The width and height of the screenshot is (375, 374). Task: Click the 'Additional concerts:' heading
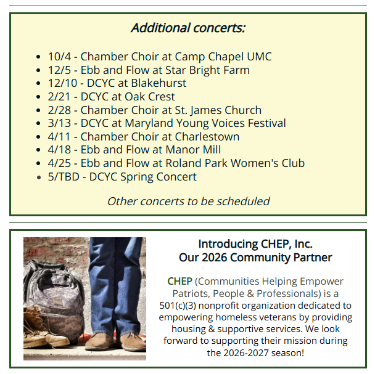[x=188, y=28]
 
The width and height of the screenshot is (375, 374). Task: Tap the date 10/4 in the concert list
[x=60, y=57]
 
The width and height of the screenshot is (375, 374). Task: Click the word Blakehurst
[x=159, y=83]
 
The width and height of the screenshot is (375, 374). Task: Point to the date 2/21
[x=59, y=97]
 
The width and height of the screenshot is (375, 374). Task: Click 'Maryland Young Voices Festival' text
[x=205, y=123]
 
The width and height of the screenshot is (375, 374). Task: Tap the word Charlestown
[x=207, y=137]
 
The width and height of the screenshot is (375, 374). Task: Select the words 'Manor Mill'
[x=193, y=150]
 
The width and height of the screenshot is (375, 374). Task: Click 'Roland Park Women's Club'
[x=235, y=163]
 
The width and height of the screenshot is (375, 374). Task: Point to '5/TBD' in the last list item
[x=64, y=177]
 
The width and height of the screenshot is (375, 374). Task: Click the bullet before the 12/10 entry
[x=38, y=84]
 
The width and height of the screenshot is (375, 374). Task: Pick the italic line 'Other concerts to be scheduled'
[x=189, y=201]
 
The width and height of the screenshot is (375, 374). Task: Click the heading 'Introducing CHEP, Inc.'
[x=255, y=244]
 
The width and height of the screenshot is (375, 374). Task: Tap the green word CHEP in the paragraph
[x=179, y=282]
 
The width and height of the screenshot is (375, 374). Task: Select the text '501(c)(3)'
[x=178, y=306]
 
